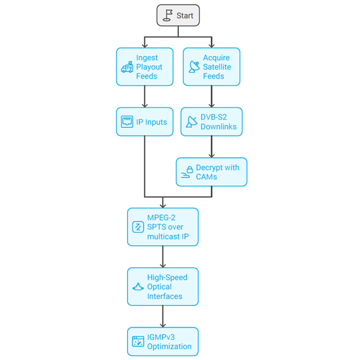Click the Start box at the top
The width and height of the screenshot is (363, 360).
(178, 15)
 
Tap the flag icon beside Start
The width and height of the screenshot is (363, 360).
(167, 15)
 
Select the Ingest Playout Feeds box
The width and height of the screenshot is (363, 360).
(144, 67)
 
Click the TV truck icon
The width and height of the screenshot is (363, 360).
(127, 67)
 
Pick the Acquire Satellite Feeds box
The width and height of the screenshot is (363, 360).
(212, 67)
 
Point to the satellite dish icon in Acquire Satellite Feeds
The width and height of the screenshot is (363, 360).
(194, 67)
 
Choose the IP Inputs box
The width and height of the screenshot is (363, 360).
(144, 122)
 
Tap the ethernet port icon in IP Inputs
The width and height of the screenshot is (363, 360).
(127, 122)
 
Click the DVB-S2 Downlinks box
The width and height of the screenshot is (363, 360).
(212, 122)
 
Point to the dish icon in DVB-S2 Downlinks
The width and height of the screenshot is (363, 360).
(192, 122)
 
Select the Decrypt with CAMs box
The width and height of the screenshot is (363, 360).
(212, 172)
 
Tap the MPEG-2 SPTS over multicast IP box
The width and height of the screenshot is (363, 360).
(163, 227)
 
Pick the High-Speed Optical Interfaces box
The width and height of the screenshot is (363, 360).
(163, 287)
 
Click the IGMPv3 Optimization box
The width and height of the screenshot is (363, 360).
(163, 341)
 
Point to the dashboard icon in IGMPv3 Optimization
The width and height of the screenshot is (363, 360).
(138, 341)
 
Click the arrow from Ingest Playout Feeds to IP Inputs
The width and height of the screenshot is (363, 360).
(144, 96)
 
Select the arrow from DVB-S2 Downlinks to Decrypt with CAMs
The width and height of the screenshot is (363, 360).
(212, 147)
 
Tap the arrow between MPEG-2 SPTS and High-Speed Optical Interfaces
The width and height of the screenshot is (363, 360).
(163, 257)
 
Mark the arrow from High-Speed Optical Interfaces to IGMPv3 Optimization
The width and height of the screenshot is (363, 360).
(163, 317)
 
